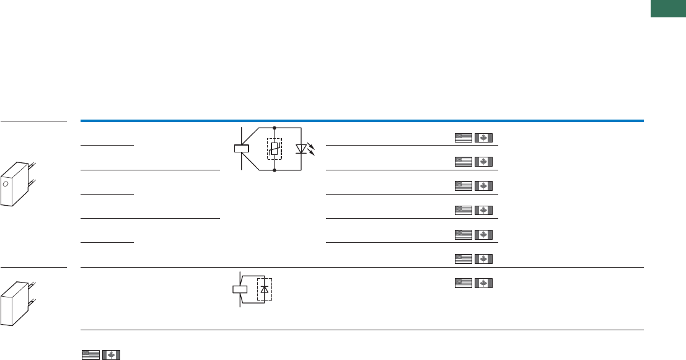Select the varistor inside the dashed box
pyautogui.click(x=274, y=149)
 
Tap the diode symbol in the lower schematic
pyautogui.click(x=265, y=289)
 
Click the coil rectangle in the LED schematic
pyautogui.click(x=242, y=149)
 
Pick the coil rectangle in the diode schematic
pyautogui.click(x=240, y=289)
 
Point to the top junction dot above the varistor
pyautogui.click(x=274, y=127)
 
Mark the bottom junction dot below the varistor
pyautogui.click(x=274, y=170)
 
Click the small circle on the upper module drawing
pyautogui.click(x=6, y=185)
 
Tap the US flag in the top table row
pyautogui.click(x=463, y=138)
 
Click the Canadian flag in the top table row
pyautogui.click(x=483, y=138)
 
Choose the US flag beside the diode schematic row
pyautogui.click(x=463, y=283)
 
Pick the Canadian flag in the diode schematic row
pyautogui.click(x=483, y=283)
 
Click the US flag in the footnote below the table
pyautogui.click(x=90, y=355)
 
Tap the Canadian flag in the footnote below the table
pyautogui.click(x=112, y=355)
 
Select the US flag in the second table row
pyautogui.click(x=463, y=162)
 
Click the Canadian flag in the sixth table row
pyautogui.click(x=483, y=258)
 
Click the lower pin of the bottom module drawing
pyautogui.click(x=32, y=301)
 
